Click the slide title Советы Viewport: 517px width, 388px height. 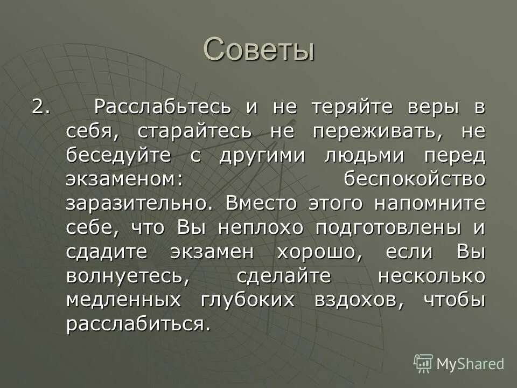[258, 50]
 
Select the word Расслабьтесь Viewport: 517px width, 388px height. [163, 107]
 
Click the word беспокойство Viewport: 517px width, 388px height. [415, 179]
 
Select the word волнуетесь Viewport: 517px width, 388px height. [128, 276]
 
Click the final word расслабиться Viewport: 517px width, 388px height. [136, 325]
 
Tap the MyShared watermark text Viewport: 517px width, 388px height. [470, 364]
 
